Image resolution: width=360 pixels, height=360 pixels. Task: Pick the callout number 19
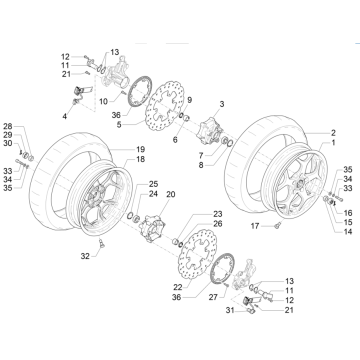point(127,177)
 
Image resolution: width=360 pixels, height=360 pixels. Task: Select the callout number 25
point(152,184)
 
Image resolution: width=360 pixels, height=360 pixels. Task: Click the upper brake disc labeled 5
point(155,125)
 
